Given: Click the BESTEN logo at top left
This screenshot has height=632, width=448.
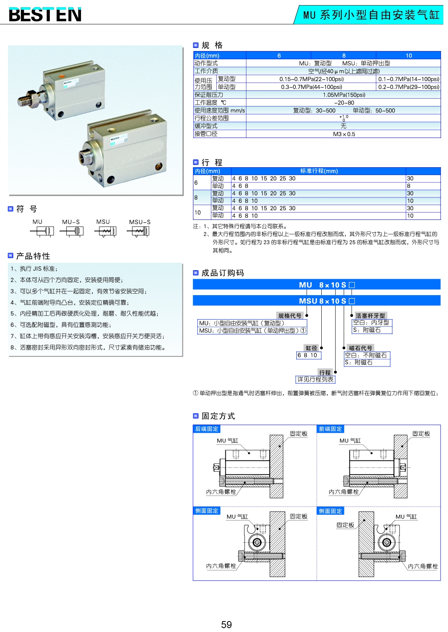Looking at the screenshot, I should (x=45, y=15).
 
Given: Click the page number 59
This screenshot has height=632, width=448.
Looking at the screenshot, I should (x=226, y=625).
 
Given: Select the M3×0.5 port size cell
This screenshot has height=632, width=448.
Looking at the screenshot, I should (x=344, y=134).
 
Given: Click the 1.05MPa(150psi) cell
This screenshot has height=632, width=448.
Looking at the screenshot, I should (x=344, y=95).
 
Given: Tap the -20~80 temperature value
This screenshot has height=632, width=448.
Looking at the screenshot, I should (x=344, y=103).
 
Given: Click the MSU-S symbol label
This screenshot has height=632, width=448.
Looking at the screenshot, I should (x=140, y=222).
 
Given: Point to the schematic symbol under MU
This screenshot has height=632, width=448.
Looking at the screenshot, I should (x=42, y=232).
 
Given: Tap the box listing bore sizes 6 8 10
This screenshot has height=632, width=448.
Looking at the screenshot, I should (x=308, y=355).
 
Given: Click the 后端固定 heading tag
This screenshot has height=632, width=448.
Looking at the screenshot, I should (x=207, y=429).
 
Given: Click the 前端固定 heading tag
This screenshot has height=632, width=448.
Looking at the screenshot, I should (x=330, y=429).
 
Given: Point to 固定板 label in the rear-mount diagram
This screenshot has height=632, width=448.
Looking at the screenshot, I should (x=299, y=434).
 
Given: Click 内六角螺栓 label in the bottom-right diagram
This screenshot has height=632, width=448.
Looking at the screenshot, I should (x=423, y=566).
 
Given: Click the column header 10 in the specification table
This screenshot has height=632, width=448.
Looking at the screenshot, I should (x=409, y=55).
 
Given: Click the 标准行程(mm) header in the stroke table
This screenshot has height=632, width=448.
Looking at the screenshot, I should (x=319, y=171).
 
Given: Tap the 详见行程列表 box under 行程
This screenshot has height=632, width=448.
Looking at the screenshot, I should (x=315, y=379).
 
